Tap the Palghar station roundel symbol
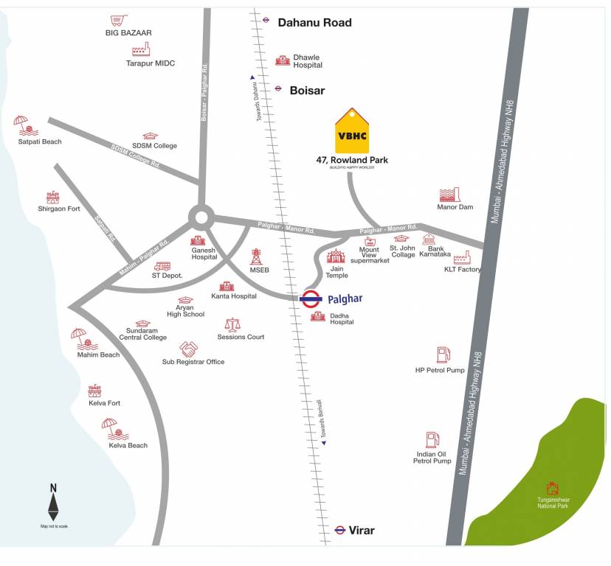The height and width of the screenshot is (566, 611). click(311, 298)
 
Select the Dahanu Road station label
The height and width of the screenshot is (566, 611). click(314, 22)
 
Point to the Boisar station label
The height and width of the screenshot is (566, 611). click(307, 90)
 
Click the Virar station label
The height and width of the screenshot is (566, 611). click(362, 530)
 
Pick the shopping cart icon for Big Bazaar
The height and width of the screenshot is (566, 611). click(117, 21)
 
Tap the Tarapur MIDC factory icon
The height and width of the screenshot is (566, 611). click(140, 49)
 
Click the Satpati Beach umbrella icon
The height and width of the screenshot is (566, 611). click(21, 123)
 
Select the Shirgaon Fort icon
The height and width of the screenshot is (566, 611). click(52, 197)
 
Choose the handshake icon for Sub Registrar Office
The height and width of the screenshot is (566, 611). click(189, 349)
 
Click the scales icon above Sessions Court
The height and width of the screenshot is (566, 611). click(233, 324)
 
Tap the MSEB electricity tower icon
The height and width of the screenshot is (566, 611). click(256, 256)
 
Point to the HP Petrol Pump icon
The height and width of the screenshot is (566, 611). click(443, 354)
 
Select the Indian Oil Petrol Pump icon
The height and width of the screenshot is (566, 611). click(432, 441)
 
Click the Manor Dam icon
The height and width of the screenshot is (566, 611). click(449, 195)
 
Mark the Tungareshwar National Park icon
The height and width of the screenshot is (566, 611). click(552, 488)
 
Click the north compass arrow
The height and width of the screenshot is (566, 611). click(53, 506)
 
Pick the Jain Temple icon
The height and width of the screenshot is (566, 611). click(336, 256)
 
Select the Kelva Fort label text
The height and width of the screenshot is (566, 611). click(104, 403)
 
